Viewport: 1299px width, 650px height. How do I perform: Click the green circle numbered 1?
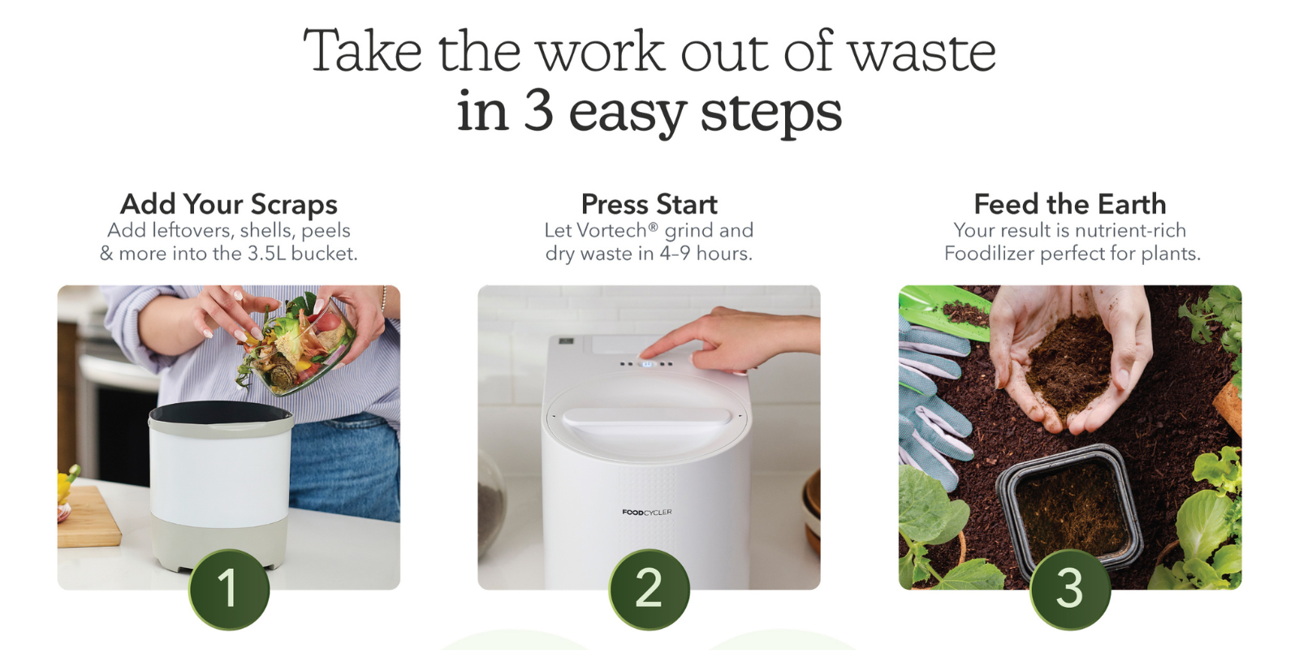point(229,589)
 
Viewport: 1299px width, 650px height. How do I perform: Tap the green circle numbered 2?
point(649,589)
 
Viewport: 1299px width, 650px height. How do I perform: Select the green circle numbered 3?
point(1070,589)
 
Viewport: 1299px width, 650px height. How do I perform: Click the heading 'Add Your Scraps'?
point(228,204)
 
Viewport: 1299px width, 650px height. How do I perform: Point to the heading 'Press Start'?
point(649,204)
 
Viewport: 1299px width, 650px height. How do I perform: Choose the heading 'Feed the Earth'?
point(1070,204)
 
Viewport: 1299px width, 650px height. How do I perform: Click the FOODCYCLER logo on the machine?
point(646,512)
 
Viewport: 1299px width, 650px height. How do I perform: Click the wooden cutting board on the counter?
point(86,517)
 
